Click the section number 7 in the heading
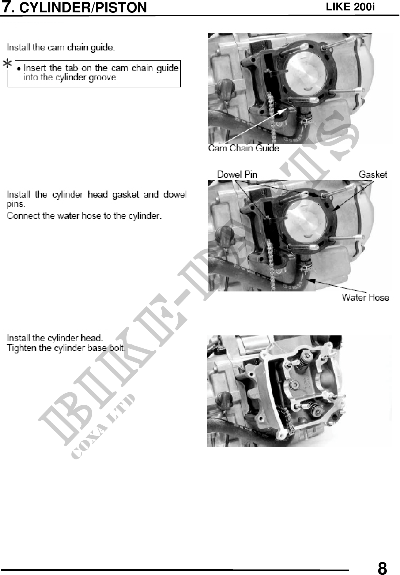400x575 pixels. tap(7, 7)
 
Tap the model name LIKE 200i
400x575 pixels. tap(350, 7)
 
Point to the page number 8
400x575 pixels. tap(382, 568)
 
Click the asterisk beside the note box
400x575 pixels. tap(7, 64)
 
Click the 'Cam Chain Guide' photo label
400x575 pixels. tap(243, 148)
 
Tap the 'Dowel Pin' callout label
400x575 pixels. tap(237, 174)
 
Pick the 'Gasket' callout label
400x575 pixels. tap(373, 174)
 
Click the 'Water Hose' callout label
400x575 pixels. tap(365, 297)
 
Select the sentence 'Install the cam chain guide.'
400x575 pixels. tap(61, 47)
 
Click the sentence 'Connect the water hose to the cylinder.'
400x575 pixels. tap(84, 216)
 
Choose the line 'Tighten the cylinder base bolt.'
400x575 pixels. tap(66, 348)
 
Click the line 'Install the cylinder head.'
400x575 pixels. tap(55, 338)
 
